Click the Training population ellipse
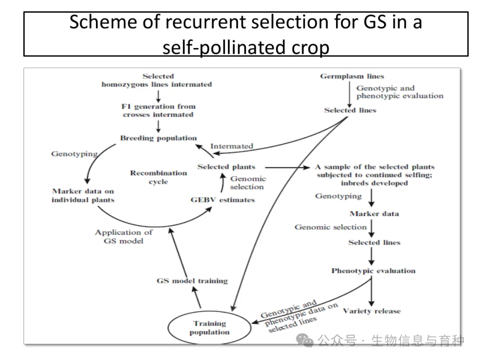click(x=209, y=328)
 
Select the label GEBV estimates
click(x=223, y=200)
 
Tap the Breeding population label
click(x=158, y=138)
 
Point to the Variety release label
click(x=372, y=311)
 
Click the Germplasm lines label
click(x=352, y=76)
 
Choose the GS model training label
click(x=192, y=280)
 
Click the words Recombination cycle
click(x=158, y=177)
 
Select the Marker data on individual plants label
click(x=83, y=196)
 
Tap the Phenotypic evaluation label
click(x=373, y=270)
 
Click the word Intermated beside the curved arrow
click(x=232, y=146)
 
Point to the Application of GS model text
click(x=124, y=236)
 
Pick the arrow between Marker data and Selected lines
click(x=372, y=228)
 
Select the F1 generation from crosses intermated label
click(x=158, y=110)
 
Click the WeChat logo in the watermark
click(x=307, y=341)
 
